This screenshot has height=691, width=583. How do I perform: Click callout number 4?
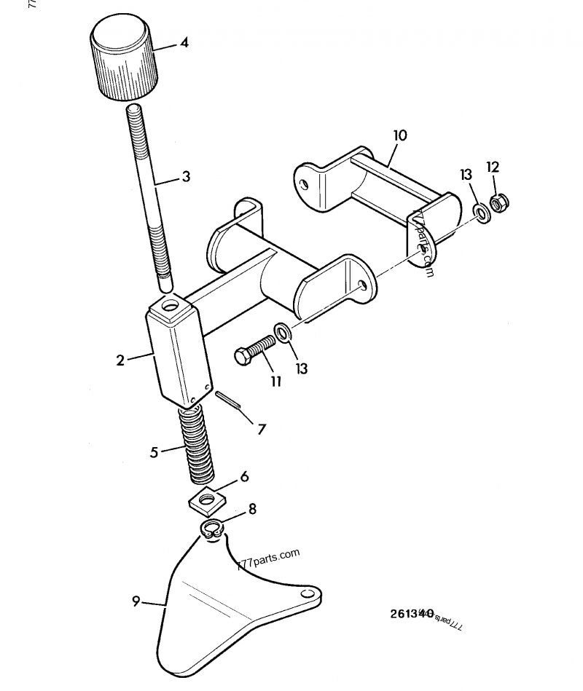point(184,43)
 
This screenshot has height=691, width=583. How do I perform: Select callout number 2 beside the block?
point(120,358)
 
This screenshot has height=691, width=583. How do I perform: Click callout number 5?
point(154,452)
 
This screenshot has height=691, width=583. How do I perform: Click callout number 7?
point(262,430)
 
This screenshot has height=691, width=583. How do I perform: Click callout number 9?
point(136,601)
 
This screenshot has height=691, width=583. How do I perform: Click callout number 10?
point(400,135)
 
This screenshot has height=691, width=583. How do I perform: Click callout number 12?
point(493,167)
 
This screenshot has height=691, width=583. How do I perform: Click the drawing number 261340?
point(412,613)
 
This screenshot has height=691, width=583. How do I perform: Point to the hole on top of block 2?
point(172,304)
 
